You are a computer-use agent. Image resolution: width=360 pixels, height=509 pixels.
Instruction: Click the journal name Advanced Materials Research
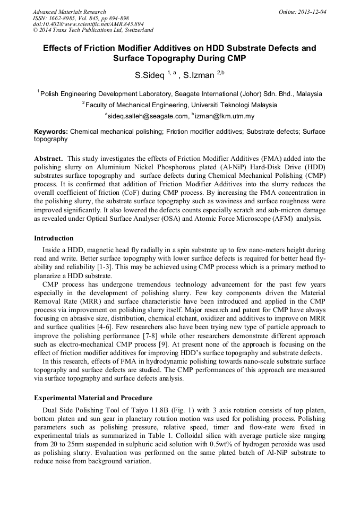coord(69,12)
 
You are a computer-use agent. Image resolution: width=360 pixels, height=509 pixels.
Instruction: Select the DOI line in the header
coord(88,24)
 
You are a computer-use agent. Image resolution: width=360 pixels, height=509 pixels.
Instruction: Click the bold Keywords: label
coord(51,131)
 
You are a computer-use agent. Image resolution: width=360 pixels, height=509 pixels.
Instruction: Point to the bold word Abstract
coord(49,159)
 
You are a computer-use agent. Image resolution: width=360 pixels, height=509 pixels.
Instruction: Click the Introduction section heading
coord(54,238)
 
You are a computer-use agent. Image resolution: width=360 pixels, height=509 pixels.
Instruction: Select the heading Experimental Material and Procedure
coord(93,398)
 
